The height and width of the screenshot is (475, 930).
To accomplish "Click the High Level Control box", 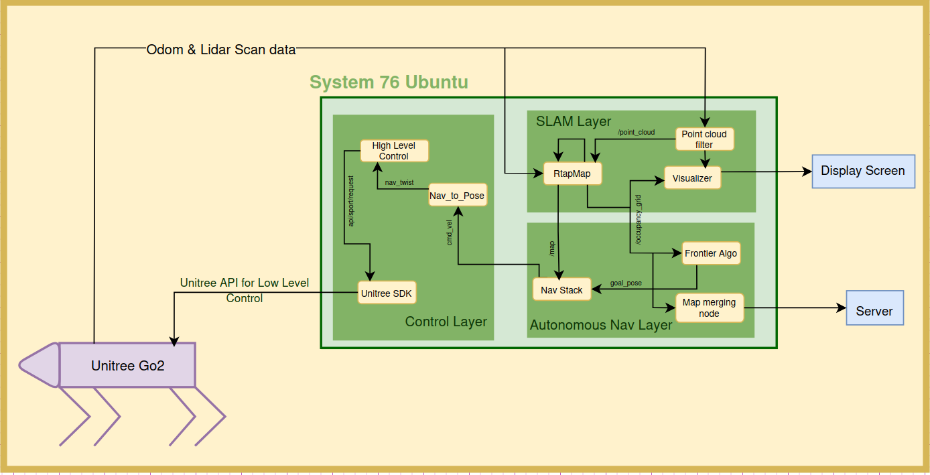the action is pyautogui.click(x=394, y=151).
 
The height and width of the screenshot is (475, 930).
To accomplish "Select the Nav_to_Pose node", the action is pyautogui.click(x=458, y=195).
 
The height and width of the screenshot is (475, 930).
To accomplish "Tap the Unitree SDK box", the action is pyautogui.click(x=387, y=293).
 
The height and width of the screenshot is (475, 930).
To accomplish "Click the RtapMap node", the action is pyautogui.click(x=572, y=174).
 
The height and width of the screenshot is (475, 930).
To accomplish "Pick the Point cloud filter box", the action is pyautogui.click(x=705, y=139).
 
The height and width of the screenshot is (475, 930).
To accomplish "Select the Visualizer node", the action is pyautogui.click(x=692, y=178).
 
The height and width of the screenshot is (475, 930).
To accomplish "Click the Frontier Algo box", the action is pyautogui.click(x=711, y=253).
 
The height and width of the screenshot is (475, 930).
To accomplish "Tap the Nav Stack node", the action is pyautogui.click(x=561, y=289).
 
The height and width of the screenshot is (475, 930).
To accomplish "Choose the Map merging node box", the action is pyautogui.click(x=709, y=308).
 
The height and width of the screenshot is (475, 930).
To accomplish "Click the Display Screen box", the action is pyautogui.click(x=863, y=172).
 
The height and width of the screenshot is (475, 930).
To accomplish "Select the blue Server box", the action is pyautogui.click(x=875, y=308).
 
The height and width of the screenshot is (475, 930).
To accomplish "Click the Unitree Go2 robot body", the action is pyautogui.click(x=127, y=365).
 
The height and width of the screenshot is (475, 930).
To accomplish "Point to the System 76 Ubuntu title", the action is pyautogui.click(x=389, y=82).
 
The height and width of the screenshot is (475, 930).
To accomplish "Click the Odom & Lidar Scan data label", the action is pyautogui.click(x=221, y=50).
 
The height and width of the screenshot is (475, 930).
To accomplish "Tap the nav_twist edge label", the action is pyautogui.click(x=399, y=182).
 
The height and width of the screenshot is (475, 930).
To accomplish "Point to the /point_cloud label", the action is pyautogui.click(x=636, y=132).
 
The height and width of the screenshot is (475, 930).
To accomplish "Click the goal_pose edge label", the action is pyautogui.click(x=626, y=283).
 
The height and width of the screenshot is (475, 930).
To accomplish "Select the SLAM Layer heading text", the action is pyautogui.click(x=574, y=121).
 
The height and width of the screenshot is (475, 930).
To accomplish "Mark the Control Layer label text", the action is pyautogui.click(x=446, y=322).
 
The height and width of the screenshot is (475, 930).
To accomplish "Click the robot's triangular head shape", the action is pyautogui.click(x=40, y=365).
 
